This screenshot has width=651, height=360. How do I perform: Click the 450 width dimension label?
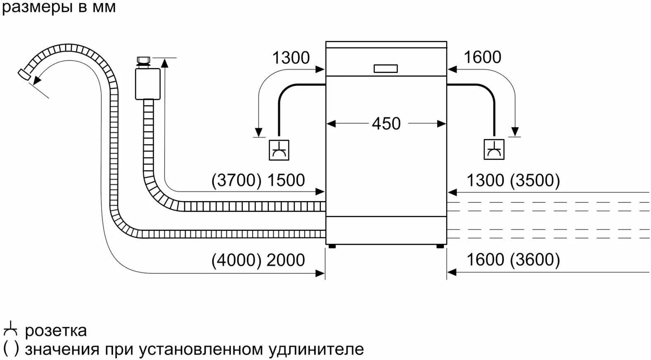click(386, 123)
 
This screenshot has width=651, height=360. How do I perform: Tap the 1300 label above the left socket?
click(291, 57)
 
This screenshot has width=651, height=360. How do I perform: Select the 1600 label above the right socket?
click(482, 57)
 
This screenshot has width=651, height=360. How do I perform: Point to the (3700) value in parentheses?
click(236, 180)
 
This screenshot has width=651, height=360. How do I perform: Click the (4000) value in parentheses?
click(236, 260)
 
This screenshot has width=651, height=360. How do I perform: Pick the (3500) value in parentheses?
click(535, 180)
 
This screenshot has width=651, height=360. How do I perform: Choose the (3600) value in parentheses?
click(535, 260)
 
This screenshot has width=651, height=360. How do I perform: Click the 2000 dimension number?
click(286, 260)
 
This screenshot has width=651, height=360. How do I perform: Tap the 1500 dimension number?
click(286, 180)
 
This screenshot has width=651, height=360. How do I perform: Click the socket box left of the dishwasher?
click(279, 150)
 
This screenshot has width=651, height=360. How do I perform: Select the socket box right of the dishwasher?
click(494, 149)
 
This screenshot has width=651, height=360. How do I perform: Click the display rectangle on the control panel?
click(386, 69)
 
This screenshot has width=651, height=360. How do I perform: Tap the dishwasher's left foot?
click(332, 246)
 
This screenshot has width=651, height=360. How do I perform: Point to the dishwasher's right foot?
click(440, 246)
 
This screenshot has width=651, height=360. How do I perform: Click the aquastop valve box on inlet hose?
click(147, 84)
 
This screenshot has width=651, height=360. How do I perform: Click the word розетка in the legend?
click(56, 331)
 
